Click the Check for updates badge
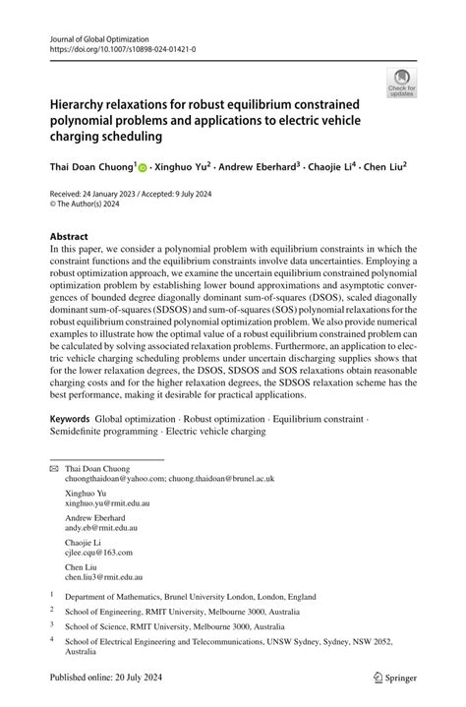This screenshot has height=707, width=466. tap(401, 85)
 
